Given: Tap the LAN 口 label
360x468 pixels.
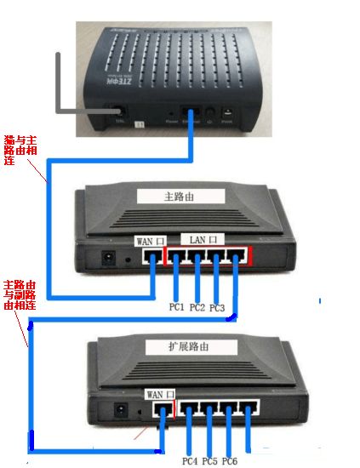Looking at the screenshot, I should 201,240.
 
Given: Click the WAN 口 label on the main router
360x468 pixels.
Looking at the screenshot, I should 145,242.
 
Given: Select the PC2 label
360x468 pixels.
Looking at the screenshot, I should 197,306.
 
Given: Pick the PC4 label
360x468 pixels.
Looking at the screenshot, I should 190,460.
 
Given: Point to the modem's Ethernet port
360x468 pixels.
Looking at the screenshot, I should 191,113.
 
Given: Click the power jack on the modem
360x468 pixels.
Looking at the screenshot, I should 227,112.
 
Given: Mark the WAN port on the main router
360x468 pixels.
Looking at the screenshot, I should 153,256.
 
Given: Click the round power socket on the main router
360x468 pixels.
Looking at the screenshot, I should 108,256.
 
